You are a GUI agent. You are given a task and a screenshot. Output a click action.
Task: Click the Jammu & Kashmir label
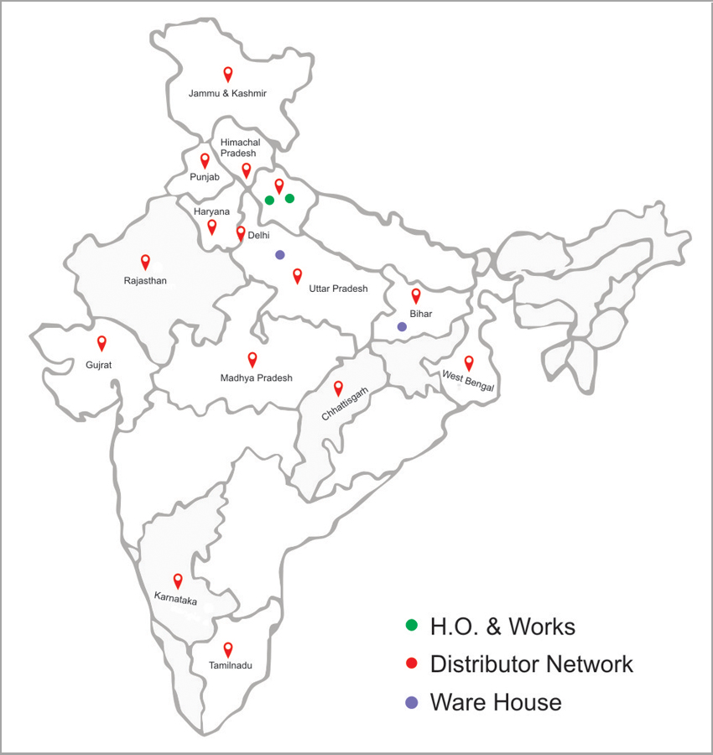point(227,93)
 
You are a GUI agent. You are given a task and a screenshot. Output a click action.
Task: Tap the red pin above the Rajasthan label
point(145,262)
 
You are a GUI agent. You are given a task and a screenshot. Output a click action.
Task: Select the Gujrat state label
point(98,365)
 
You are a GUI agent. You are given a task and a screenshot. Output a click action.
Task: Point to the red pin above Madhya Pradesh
point(252,359)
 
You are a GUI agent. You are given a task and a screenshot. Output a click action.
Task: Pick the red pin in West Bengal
point(469,362)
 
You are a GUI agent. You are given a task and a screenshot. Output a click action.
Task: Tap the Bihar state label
point(420,314)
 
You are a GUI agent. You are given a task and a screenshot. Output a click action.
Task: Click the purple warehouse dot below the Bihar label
point(402,327)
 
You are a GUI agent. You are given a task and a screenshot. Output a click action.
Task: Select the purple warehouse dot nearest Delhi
point(280,254)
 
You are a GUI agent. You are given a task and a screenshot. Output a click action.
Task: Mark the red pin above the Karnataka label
point(178,581)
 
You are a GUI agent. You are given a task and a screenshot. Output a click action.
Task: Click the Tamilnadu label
point(230,666)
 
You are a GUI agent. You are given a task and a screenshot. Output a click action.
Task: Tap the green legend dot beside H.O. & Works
point(411,626)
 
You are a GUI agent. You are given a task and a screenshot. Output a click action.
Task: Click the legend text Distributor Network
point(531,664)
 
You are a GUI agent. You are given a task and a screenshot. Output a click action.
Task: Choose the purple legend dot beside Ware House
point(411,702)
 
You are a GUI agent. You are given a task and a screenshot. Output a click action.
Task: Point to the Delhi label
point(258,237)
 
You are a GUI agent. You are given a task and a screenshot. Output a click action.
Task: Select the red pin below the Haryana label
point(212,226)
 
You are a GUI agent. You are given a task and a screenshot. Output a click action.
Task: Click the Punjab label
point(204,176)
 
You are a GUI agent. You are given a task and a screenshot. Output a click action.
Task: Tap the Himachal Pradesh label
point(239,148)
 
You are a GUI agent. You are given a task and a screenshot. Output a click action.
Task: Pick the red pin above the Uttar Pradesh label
point(297,275)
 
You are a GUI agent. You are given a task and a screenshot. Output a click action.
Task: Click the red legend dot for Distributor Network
point(411,664)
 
